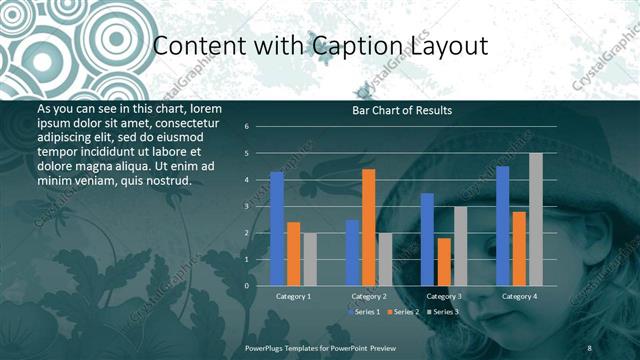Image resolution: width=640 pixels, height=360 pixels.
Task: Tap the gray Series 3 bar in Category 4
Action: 536,219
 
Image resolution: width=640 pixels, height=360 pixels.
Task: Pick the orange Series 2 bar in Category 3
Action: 444,261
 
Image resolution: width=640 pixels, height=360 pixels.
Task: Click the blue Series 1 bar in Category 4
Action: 502,225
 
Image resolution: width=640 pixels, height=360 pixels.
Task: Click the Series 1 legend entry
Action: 365,313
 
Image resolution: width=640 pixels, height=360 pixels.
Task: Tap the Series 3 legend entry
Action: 445,313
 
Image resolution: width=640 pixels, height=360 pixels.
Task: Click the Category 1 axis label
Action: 293,297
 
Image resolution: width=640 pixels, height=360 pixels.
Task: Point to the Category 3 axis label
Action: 444,297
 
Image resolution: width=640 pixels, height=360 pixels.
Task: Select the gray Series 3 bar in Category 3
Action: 460,246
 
